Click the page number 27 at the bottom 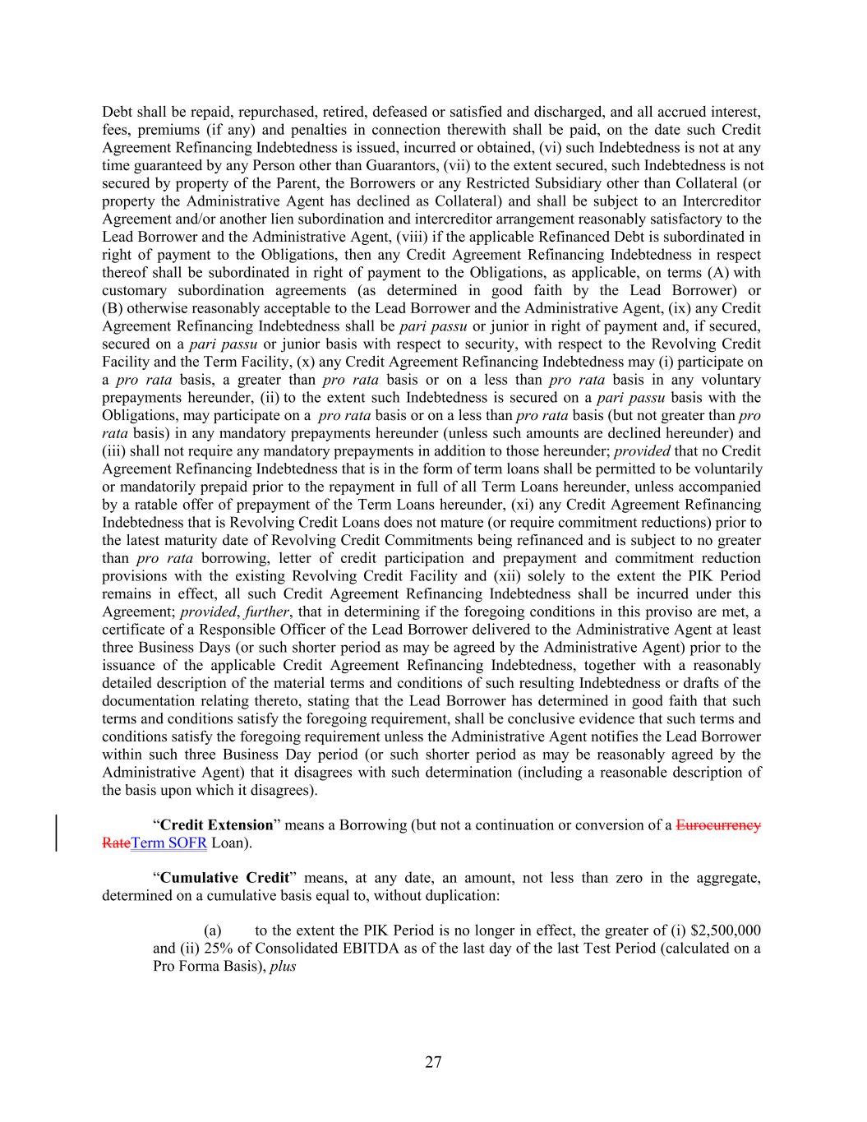433,1062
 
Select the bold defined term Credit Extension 216,824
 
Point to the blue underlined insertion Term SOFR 168,843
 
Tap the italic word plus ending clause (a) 283,967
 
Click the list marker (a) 212,930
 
